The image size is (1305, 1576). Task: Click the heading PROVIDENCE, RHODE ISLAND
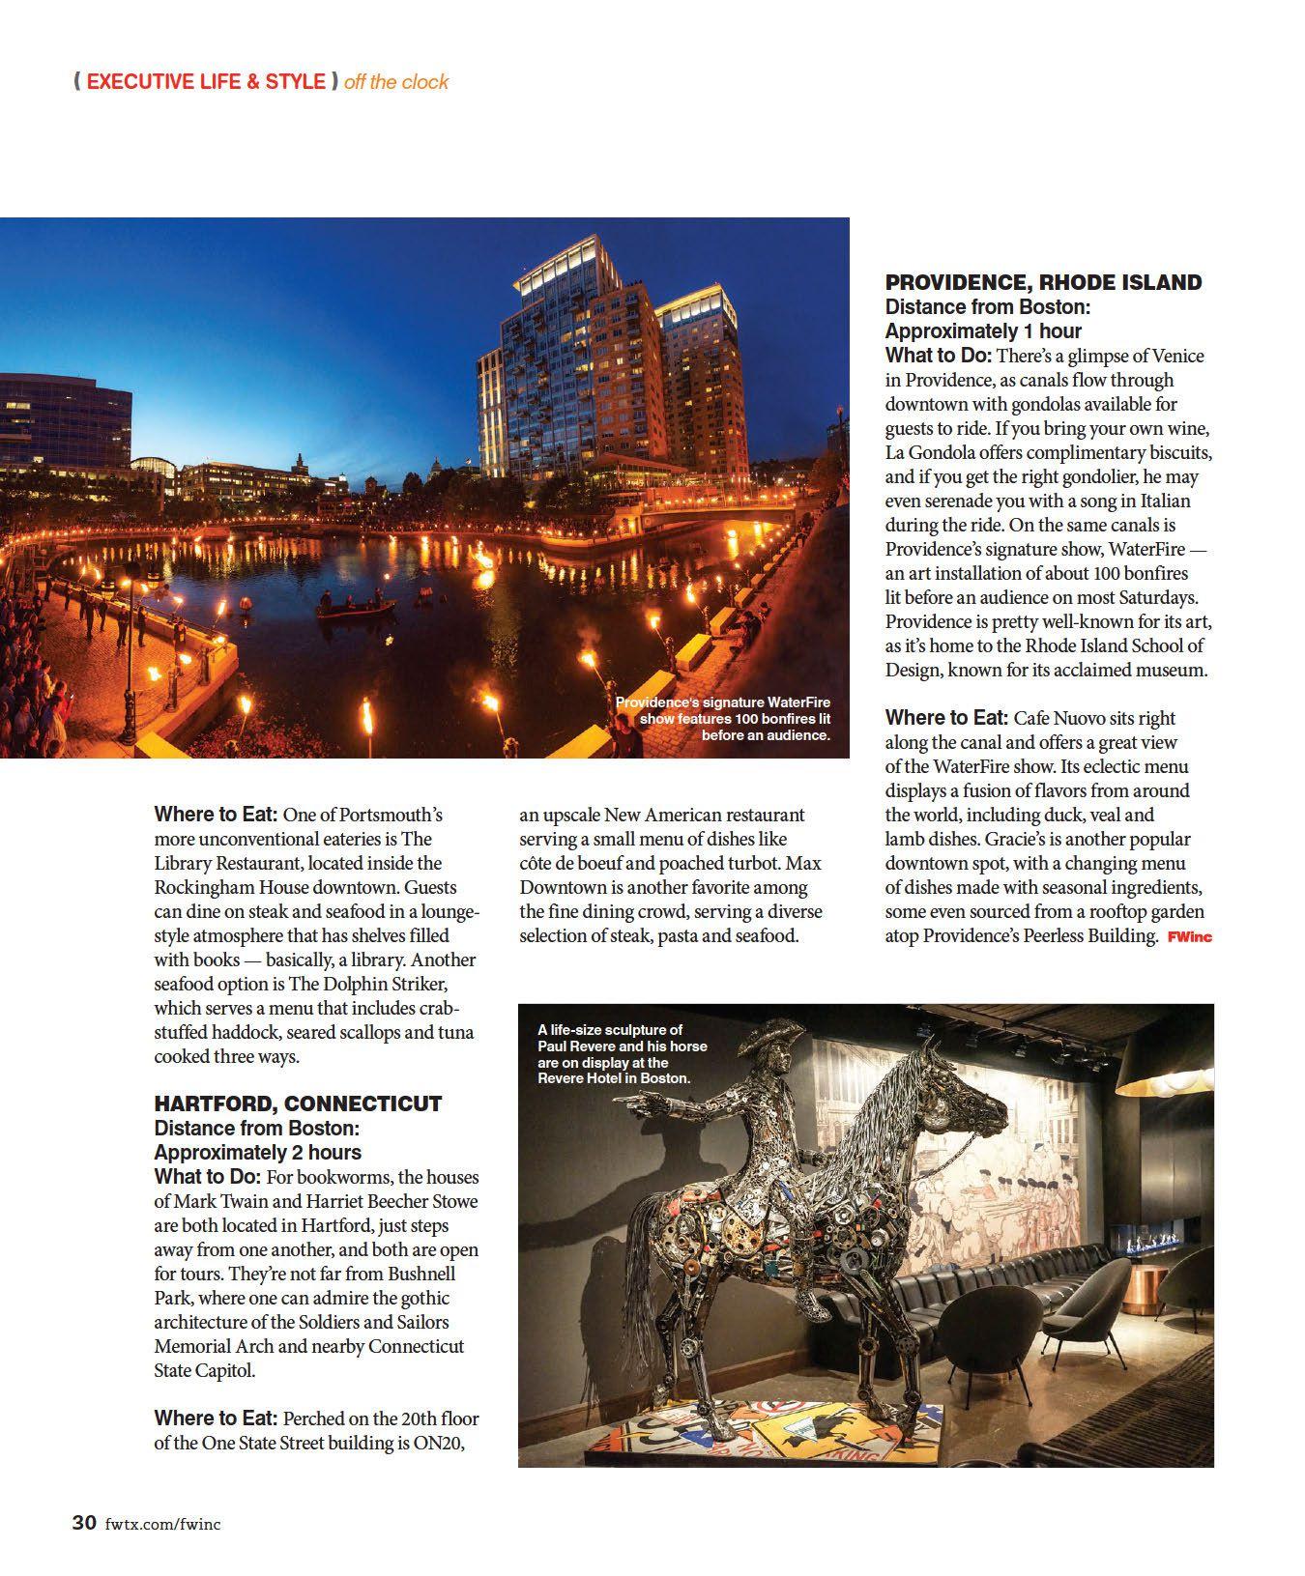1043,282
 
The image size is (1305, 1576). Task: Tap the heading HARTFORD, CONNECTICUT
298,1103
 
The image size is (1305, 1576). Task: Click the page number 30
84,1524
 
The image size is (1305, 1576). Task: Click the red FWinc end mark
1189,936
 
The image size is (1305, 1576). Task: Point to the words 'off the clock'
396,82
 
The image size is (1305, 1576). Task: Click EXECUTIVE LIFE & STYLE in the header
206,82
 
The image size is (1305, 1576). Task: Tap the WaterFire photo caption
723,718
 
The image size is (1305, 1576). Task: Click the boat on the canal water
356,607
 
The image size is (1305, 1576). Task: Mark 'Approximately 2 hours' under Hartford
257,1152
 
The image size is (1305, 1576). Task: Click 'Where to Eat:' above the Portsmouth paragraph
216,815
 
